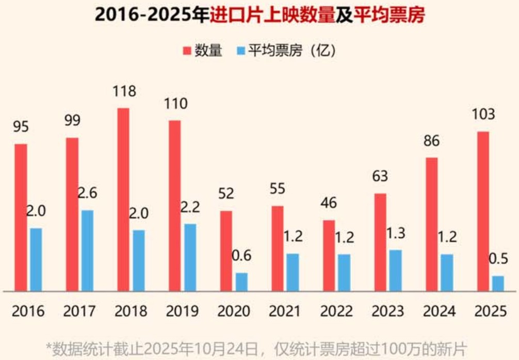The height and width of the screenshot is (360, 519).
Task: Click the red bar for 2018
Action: point(123,200)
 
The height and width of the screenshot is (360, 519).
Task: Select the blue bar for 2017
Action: point(87,251)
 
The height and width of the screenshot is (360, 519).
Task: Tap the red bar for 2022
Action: point(329,256)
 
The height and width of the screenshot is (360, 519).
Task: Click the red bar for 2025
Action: point(483,211)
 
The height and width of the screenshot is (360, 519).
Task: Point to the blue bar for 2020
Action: point(241,282)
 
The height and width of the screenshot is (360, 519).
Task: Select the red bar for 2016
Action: point(21,218)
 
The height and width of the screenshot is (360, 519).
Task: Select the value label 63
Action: point(380,176)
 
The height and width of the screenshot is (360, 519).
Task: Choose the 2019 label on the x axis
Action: point(182,311)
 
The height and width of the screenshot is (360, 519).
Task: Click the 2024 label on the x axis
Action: point(439,311)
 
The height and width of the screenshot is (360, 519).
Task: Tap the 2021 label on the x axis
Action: point(285,311)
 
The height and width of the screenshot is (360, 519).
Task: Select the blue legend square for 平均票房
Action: point(240,51)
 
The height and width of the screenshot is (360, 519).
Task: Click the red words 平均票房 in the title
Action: point(389,15)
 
